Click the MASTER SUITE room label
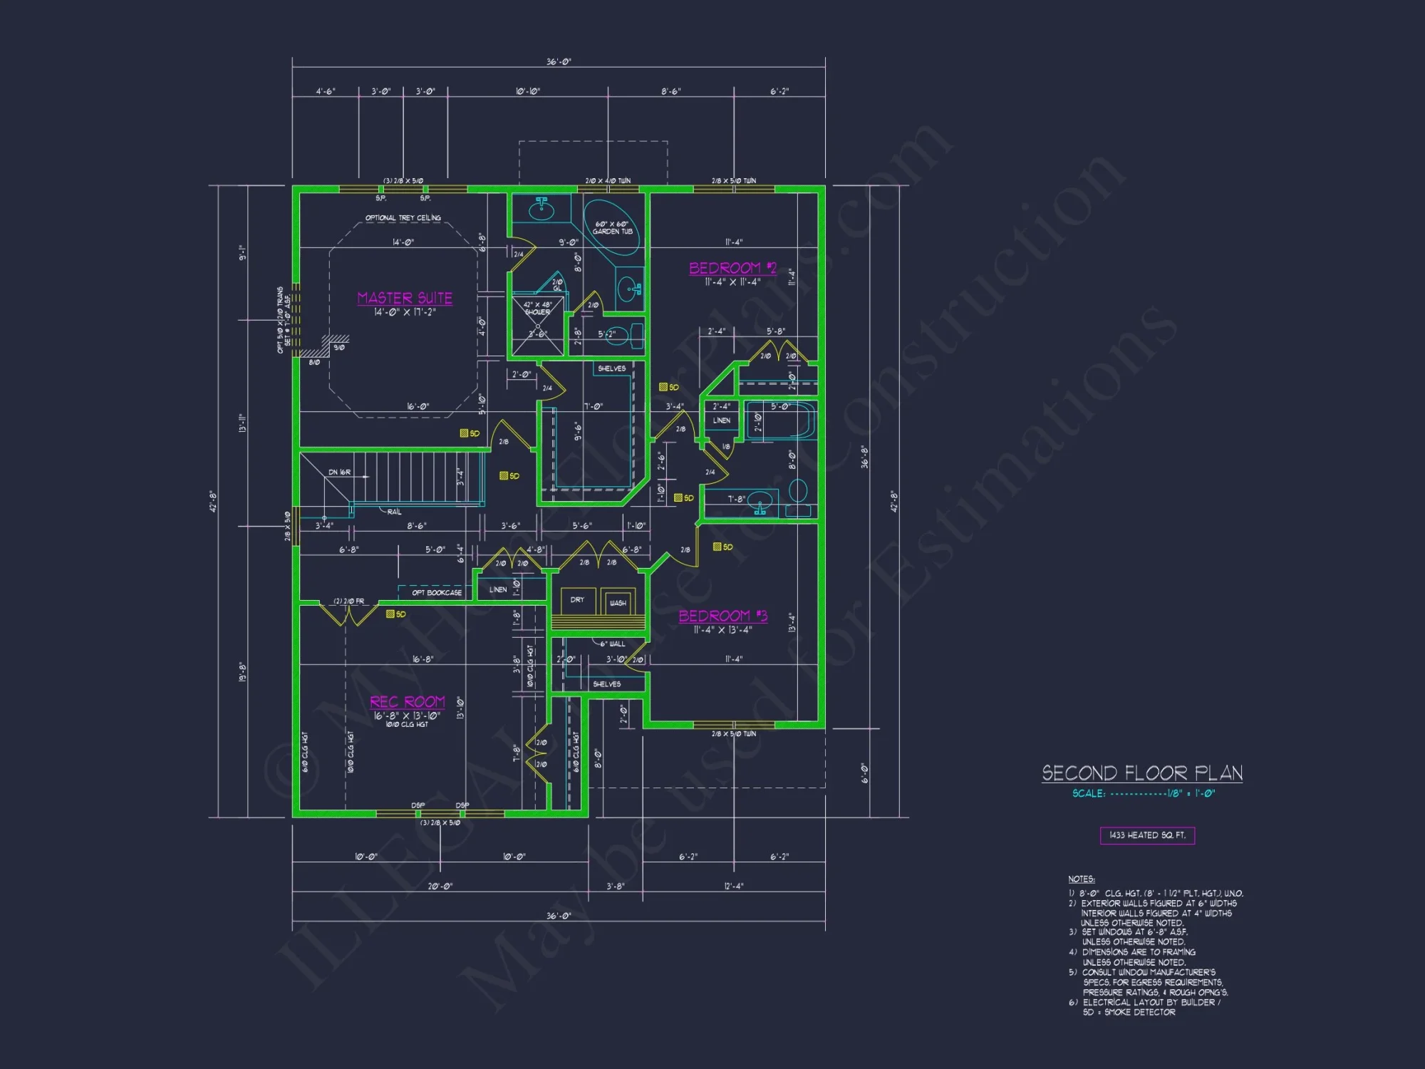(405, 298)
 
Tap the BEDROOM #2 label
(732, 269)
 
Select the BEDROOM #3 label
(722, 616)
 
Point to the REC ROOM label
(407, 702)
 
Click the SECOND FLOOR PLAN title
(1142, 773)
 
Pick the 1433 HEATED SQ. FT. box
(1147, 835)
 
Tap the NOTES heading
(1081, 879)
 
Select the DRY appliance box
(577, 600)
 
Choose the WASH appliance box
(618, 602)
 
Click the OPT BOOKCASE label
(436, 593)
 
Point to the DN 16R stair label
(339, 472)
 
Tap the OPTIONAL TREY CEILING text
(403, 218)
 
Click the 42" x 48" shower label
(537, 309)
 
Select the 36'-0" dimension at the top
(559, 62)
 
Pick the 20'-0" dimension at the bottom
(440, 887)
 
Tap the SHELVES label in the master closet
(611, 368)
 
